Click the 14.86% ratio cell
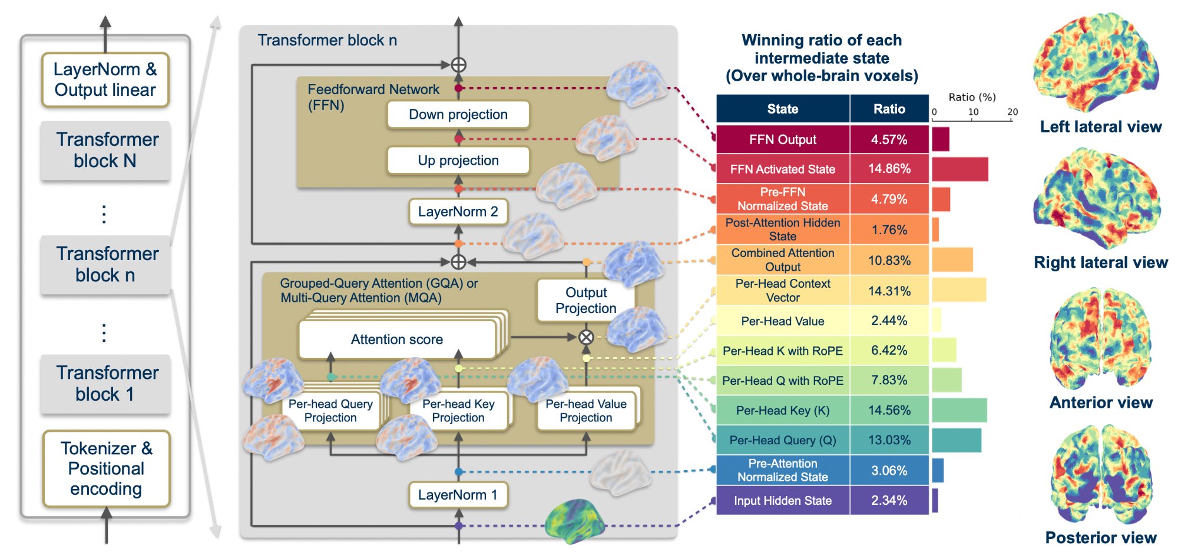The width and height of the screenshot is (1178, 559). click(889, 169)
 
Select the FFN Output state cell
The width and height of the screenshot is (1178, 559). click(782, 139)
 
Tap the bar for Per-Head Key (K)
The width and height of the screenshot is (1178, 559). click(959, 410)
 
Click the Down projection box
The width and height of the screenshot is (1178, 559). click(458, 115)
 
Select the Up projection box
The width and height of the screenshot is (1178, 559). click(458, 161)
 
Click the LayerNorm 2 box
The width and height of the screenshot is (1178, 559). click(458, 212)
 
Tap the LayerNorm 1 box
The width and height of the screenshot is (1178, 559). click(458, 495)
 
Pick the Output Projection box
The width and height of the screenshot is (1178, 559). click(585, 301)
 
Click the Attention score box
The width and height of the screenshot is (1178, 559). click(396, 340)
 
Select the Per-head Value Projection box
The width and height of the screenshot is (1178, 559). click(585, 411)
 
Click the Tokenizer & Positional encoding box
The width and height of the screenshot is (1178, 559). click(106, 469)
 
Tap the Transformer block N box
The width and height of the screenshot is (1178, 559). click(105, 150)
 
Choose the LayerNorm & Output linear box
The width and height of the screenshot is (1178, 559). click(105, 80)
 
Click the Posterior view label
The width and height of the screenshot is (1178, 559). click(1100, 538)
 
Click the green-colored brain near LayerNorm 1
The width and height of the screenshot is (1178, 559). click(574, 521)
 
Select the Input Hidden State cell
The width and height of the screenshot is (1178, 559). click(782, 501)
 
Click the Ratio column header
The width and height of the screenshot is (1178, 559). click(889, 109)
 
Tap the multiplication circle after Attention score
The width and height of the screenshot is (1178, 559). click(585, 337)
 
